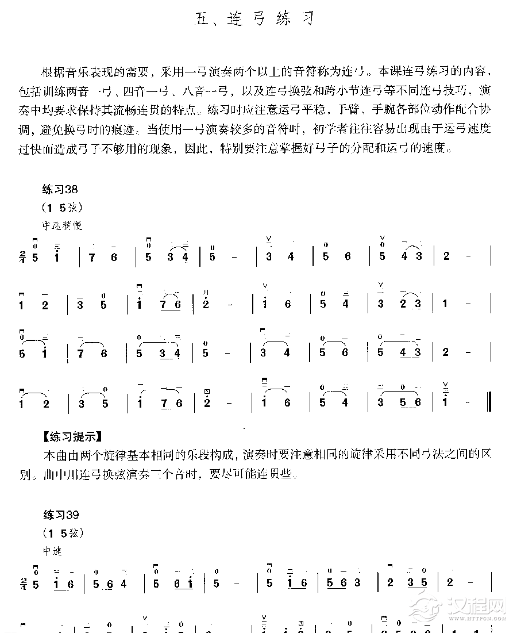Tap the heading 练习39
(59, 515)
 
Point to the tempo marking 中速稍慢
(61, 226)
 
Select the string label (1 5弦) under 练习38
(62, 207)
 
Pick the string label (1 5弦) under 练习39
(62, 532)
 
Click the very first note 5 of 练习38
(36, 256)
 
